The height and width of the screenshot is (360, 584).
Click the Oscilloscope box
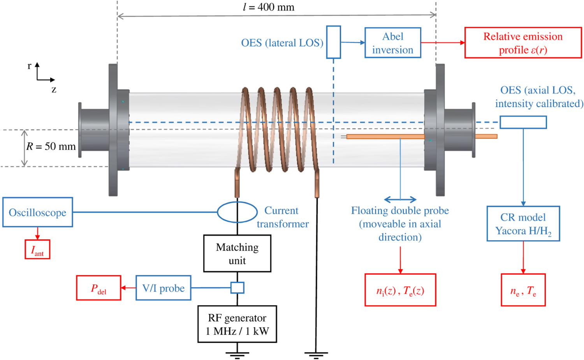click(x=37, y=212)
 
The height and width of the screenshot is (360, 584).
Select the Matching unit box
click(x=237, y=253)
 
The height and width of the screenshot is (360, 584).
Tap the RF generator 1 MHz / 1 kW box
click(x=237, y=324)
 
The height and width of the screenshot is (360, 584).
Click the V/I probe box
click(x=163, y=288)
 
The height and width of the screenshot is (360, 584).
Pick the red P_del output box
click(x=99, y=288)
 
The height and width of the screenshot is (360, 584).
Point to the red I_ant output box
click(x=37, y=249)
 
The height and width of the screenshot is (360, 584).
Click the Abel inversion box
click(x=392, y=43)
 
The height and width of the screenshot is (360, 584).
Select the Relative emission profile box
click(x=523, y=43)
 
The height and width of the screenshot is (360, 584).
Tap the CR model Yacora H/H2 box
click(x=523, y=224)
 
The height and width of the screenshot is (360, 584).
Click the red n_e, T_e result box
click(x=523, y=290)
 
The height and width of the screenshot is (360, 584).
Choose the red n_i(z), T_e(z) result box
click(x=400, y=290)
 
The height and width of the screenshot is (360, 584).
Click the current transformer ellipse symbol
click(x=237, y=212)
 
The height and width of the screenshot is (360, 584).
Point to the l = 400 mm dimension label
click(x=269, y=7)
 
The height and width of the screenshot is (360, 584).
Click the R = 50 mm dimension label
click(x=51, y=146)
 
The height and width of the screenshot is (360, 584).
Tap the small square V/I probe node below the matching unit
click(x=237, y=288)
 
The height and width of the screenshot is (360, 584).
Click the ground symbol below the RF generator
click(x=237, y=354)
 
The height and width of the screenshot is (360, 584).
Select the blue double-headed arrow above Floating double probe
click(x=400, y=200)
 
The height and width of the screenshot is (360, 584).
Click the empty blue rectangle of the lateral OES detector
click(x=333, y=42)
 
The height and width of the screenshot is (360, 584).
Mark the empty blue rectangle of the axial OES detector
click(x=523, y=122)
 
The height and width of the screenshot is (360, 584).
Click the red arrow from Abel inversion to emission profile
click(x=443, y=43)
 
